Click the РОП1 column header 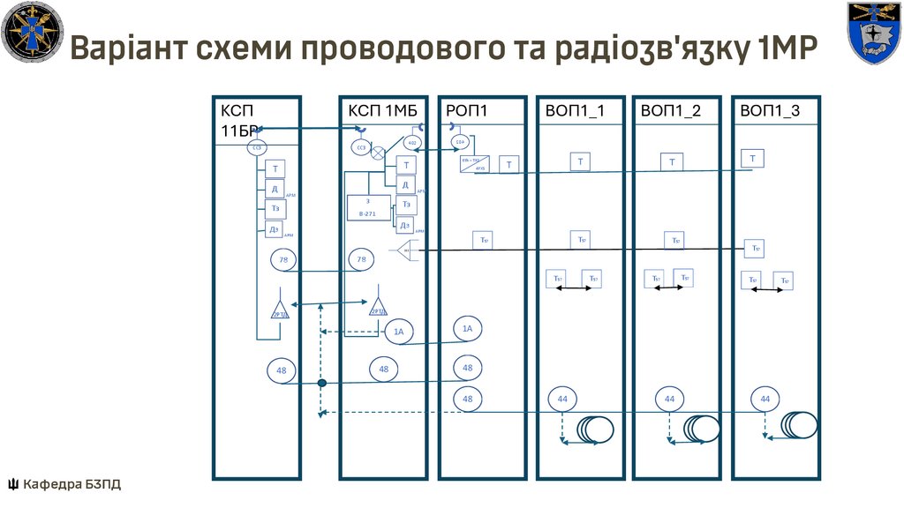point(467,110)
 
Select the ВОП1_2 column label point(671,110)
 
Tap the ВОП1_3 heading point(770,110)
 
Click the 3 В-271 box point(368,208)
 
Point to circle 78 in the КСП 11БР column point(283,260)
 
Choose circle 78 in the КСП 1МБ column point(359,260)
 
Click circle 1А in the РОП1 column point(468,328)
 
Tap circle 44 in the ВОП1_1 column point(562,400)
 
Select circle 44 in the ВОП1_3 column point(765,400)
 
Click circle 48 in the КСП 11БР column point(282,371)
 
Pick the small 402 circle point(412,142)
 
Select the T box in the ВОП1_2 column point(673,161)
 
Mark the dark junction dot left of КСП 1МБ point(322,383)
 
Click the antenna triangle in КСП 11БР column point(280,309)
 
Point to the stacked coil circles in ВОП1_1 point(596,430)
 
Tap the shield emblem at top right point(873,33)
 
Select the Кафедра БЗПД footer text point(65,483)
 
